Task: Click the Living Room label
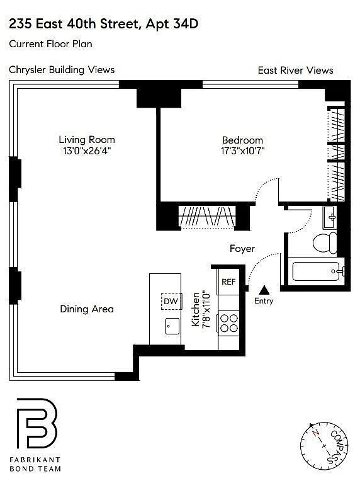[x=87, y=140]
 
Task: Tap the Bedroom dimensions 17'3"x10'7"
[x=243, y=151]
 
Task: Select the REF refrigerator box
[x=228, y=281]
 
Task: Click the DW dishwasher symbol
[x=171, y=301]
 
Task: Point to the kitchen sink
[x=172, y=326]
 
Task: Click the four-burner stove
[x=228, y=323]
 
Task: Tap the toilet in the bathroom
[x=325, y=242]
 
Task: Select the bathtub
[x=317, y=271]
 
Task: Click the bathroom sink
[x=330, y=217]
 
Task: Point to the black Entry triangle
[x=264, y=290]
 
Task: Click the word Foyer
[x=242, y=249]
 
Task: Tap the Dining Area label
[x=87, y=309]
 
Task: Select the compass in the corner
[x=323, y=446]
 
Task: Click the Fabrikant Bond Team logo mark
[x=37, y=423]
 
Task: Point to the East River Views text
[x=295, y=71]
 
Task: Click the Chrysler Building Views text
[x=62, y=70]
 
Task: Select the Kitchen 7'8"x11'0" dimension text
[x=201, y=310]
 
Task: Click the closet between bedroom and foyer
[x=207, y=216]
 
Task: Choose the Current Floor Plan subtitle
[x=50, y=43]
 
